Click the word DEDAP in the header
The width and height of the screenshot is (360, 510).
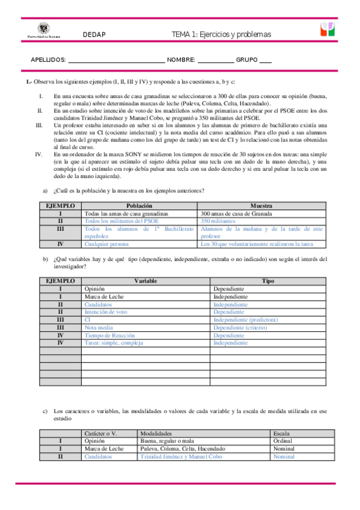pyautogui.click(x=94, y=34)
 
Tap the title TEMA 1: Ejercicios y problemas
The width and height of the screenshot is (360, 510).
pyautogui.click(x=222, y=34)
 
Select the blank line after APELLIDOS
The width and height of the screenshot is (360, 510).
pyautogui.click(x=116, y=60)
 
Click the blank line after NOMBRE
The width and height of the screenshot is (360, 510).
pyautogui.click(x=215, y=60)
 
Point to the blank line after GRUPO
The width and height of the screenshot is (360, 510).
pyautogui.click(x=266, y=60)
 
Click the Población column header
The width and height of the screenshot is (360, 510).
pyautogui.click(x=139, y=206)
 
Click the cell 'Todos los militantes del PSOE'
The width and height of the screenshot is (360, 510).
pyautogui.click(x=122, y=221)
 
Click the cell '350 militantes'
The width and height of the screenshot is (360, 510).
pyautogui.click(x=219, y=221)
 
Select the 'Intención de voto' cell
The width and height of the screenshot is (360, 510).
pyautogui.click(x=106, y=312)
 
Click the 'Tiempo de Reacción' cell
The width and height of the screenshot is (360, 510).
pyautogui.click(x=110, y=335)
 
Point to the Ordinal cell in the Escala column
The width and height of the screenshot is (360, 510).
pyautogui.click(x=282, y=441)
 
